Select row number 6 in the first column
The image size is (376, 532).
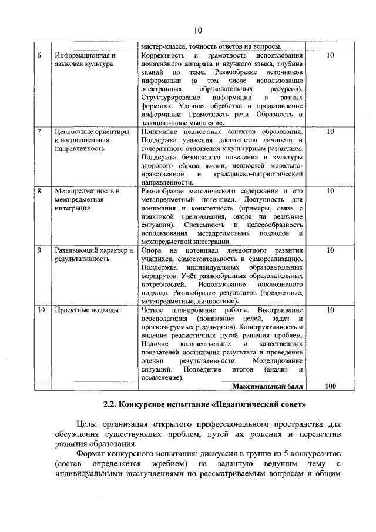click(x=39, y=55)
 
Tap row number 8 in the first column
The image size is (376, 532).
click(x=39, y=191)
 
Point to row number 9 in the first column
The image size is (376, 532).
click(x=39, y=250)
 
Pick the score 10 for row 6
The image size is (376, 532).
click(x=330, y=55)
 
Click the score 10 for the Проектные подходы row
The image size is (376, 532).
click(x=330, y=310)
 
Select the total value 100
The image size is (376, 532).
click(x=330, y=386)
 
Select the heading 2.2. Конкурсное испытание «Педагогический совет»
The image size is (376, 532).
click(x=205, y=405)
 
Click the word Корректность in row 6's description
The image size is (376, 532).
click(x=163, y=55)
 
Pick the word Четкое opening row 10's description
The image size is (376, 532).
click(x=154, y=310)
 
